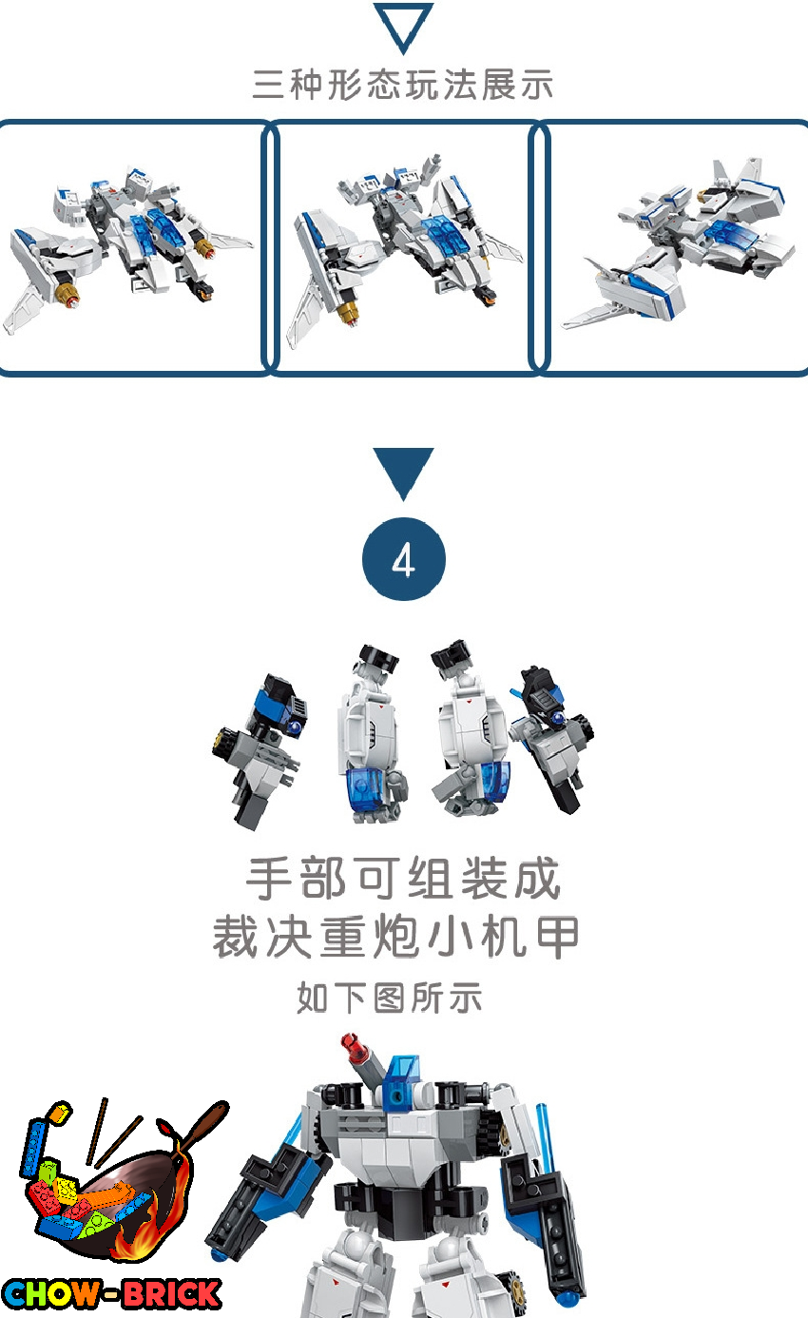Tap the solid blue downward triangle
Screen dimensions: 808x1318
coord(403,469)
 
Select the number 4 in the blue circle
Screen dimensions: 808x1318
coord(403,559)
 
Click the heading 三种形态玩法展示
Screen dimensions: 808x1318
coord(403,85)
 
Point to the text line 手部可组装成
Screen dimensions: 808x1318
coord(403,878)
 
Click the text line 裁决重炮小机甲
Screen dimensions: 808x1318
coord(396,937)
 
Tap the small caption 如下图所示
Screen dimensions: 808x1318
coord(390,998)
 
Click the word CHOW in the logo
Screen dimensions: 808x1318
coord(51,1294)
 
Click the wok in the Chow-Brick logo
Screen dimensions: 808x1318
coord(112,1200)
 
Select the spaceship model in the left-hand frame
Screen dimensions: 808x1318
coord(126,247)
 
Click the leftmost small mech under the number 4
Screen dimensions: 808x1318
coord(259,750)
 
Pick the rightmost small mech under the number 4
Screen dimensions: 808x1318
coord(551,739)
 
